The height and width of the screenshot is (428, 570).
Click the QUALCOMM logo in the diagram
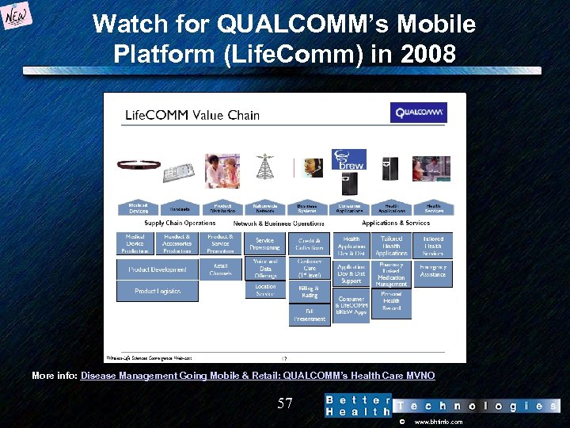click(418, 113)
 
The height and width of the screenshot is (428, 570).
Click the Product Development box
click(157, 269)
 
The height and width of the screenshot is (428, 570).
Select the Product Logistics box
click(157, 291)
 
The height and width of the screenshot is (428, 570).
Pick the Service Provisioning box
click(265, 244)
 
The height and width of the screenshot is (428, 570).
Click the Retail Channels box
click(221, 269)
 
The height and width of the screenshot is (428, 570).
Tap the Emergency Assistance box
click(433, 271)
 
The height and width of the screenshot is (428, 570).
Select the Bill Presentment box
click(310, 315)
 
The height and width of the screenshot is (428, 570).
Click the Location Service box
click(265, 290)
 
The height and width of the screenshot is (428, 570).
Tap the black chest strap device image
click(139, 166)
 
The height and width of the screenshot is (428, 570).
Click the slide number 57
click(285, 404)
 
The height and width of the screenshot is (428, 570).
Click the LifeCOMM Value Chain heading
click(192, 115)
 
